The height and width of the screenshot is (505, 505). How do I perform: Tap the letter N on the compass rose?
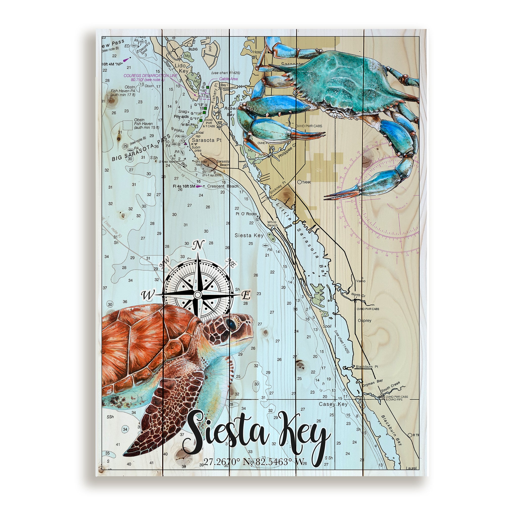(x=198, y=245)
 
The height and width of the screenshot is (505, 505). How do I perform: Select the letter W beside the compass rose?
(x=148, y=295)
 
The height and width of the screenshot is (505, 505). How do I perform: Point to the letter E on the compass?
(x=246, y=295)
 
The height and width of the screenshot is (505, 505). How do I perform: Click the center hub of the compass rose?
(x=198, y=295)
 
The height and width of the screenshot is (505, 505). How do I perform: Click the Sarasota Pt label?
(x=207, y=140)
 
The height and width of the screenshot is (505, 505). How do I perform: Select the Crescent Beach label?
(x=223, y=186)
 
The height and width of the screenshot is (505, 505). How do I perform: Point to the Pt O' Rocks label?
(x=246, y=214)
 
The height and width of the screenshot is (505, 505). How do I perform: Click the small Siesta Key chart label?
(x=249, y=235)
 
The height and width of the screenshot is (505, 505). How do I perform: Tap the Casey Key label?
(x=333, y=404)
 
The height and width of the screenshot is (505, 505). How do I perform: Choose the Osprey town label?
(x=365, y=320)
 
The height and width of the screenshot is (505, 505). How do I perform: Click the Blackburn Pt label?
(x=367, y=367)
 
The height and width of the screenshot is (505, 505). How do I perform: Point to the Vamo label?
(x=361, y=281)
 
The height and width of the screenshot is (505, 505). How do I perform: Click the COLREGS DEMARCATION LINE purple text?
(x=150, y=75)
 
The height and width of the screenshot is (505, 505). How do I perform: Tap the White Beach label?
(x=272, y=224)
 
